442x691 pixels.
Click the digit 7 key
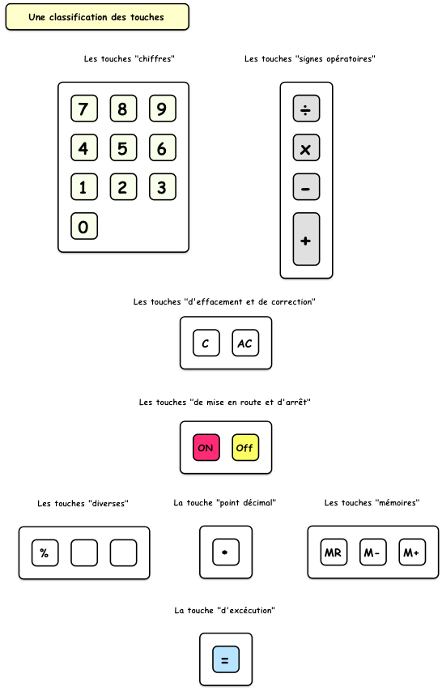tap(84, 109)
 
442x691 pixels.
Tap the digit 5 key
tap(123, 147)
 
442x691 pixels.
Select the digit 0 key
tap(84, 226)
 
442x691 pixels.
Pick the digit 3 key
tap(163, 187)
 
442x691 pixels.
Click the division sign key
tap(307, 109)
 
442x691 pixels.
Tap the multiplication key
tap(307, 147)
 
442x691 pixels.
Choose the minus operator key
tap(307, 187)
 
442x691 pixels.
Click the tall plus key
tap(307, 239)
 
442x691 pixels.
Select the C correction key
tap(206, 343)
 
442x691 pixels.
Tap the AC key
tap(245, 343)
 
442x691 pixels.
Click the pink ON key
tap(206, 448)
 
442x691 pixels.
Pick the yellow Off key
tap(245, 448)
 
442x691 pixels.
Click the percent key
tap(45, 552)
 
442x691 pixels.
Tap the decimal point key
tap(226, 552)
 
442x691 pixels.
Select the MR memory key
tap(334, 552)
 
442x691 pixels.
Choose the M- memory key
tap(373, 552)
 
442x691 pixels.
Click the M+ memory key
tap(412, 552)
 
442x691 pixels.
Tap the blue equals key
tap(226, 659)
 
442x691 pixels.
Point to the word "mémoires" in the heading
tap(397, 502)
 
